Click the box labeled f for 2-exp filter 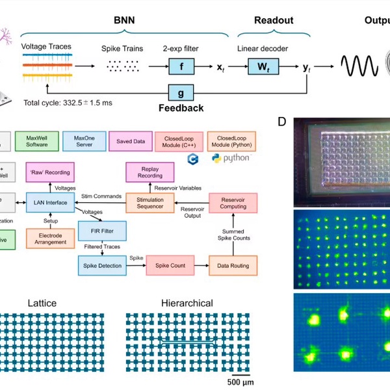(181, 65)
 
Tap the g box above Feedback (181, 93)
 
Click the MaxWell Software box (36, 140)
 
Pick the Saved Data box (130, 140)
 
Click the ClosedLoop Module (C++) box (175, 140)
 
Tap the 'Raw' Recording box (48, 174)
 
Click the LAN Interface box (48, 203)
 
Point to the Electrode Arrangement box (50, 239)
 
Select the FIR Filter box (101, 231)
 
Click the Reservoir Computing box (233, 203)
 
